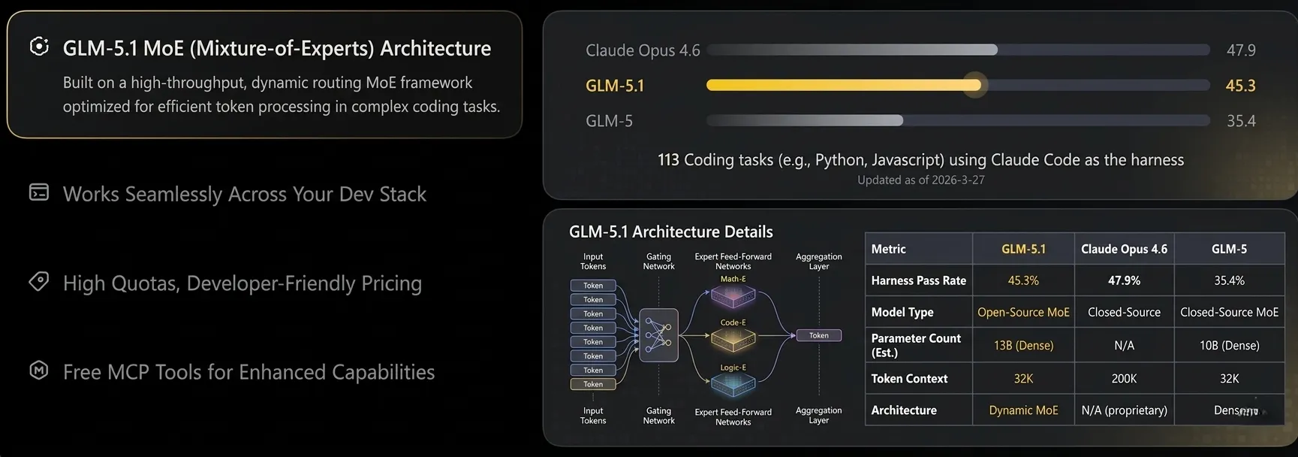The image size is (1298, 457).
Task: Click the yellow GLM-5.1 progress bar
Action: coord(841,86)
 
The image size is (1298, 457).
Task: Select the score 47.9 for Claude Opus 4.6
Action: coord(1240,50)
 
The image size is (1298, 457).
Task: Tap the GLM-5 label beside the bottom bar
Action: coord(609,121)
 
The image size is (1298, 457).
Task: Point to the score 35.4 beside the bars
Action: coord(1240,121)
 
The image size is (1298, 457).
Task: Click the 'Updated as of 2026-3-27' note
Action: coord(920,180)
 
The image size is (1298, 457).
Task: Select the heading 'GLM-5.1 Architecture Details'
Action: coord(670,232)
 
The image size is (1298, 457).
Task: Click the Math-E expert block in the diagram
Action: coord(733,296)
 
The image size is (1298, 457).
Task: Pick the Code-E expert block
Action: coord(733,340)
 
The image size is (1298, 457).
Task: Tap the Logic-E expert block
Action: coord(733,385)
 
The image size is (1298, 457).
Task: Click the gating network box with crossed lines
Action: coord(658,335)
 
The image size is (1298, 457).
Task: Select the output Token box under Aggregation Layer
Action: coord(818,335)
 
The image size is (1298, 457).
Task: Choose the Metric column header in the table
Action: coord(888,249)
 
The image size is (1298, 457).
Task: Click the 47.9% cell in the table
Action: coord(1124,280)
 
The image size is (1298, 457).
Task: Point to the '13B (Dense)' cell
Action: coord(1023,346)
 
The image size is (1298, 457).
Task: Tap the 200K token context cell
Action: coord(1124,379)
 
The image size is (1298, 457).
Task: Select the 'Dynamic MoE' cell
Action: coord(1023,410)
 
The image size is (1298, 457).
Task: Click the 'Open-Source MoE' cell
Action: coord(1023,312)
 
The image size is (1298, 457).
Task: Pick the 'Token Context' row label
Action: coord(909,379)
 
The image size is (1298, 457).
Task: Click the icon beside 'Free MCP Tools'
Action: coord(38,371)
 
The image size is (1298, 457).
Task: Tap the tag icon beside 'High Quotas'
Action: coord(38,282)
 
